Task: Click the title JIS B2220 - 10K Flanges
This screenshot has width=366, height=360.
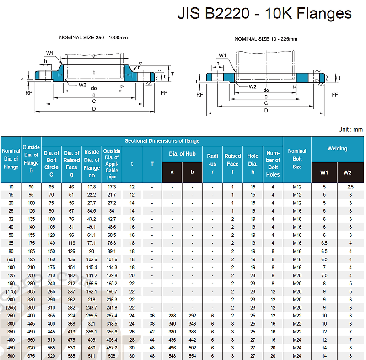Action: click(x=264, y=13)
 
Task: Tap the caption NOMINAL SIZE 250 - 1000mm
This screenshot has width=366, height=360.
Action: click(x=93, y=37)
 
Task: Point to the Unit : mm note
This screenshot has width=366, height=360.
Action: click(x=350, y=129)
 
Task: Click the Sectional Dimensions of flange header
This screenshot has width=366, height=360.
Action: click(x=162, y=141)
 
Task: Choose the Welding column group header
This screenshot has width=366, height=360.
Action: click(x=337, y=148)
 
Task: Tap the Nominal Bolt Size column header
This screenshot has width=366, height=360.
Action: click(x=297, y=159)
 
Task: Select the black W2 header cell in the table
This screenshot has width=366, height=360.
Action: click(x=347, y=172)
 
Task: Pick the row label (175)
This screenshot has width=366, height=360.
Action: click(x=11, y=291)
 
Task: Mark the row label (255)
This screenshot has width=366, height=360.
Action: click(x=11, y=307)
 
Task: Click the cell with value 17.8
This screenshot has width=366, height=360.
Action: click(x=91, y=187)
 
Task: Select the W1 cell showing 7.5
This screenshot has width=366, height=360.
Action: click(x=324, y=275)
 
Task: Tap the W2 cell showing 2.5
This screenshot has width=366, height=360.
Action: click(x=350, y=187)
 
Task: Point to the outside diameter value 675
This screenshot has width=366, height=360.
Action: click(x=31, y=355)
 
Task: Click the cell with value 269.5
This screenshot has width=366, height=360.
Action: click(x=91, y=316)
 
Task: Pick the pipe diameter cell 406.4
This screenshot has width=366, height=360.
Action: click(x=112, y=339)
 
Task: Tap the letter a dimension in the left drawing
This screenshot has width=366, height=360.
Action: click(x=93, y=56)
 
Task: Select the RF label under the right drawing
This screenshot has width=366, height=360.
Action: click(x=199, y=95)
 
